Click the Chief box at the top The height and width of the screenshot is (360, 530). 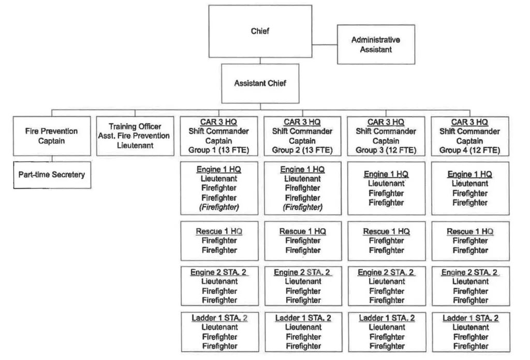pos(260,31)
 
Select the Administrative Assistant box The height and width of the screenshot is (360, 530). pos(376,45)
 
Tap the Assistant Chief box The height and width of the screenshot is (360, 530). pos(260,83)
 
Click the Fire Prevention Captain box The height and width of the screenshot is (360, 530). pos(51,136)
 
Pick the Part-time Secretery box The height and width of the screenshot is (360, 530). pos(51,175)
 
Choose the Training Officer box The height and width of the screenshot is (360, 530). pos(135,136)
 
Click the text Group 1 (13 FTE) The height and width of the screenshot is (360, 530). pos(219,150)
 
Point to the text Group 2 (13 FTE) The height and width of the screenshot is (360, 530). pos(303,150)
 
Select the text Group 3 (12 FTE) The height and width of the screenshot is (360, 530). pos(386,150)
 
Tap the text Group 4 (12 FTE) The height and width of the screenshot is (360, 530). pos(470,150)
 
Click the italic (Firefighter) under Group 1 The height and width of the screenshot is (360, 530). pos(219,207)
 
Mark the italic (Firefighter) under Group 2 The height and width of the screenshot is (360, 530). pos(303,207)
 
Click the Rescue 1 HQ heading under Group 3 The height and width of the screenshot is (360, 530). pos(386,231)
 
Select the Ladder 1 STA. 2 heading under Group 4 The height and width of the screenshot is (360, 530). pos(470,318)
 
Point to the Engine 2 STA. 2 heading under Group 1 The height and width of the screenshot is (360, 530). pos(219,272)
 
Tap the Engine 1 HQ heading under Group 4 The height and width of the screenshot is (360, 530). pos(470,174)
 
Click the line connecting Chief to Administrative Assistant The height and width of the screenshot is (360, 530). pos(325,45)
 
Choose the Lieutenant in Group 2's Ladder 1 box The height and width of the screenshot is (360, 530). pos(303,327)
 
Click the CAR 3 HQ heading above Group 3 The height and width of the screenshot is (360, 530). pos(386,122)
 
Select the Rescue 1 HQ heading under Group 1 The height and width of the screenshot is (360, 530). pos(219,231)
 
